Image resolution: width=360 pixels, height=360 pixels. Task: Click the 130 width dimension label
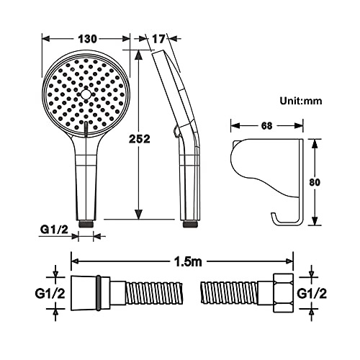click(x=88, y=39)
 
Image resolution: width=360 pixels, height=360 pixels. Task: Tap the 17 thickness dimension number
click(x=159, y=39)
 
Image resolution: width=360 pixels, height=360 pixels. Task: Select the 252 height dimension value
click(x=140, y=139)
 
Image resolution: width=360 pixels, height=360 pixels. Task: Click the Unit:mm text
click(x=301, y=101)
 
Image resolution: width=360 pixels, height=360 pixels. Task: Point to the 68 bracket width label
click(x=266, y=126)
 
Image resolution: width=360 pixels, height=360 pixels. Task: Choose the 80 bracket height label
click(x=315, y=182)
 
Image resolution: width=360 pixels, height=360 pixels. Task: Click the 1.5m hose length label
click(x=188, y=262)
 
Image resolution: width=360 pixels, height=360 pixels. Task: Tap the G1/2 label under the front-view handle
click(x=54, y=230)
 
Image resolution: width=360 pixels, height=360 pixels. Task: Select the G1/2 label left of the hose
click(x=50, y=293)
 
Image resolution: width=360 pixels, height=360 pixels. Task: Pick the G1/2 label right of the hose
click(x=312, y=293)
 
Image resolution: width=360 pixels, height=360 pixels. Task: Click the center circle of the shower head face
click(x=86, y=94)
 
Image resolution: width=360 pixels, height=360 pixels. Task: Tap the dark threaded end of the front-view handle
click(x=86, y=224)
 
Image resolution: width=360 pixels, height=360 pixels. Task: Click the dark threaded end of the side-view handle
click(x=190, y=224)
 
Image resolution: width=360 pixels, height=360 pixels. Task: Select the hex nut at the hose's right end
click(x=283, y=292)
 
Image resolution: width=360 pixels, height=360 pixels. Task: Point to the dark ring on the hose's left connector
click(x=99, y=293)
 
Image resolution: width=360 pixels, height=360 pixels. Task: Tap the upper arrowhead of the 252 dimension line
click(x=138, y=55)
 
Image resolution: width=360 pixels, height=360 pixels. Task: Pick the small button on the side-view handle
click(x=176, y=131)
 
